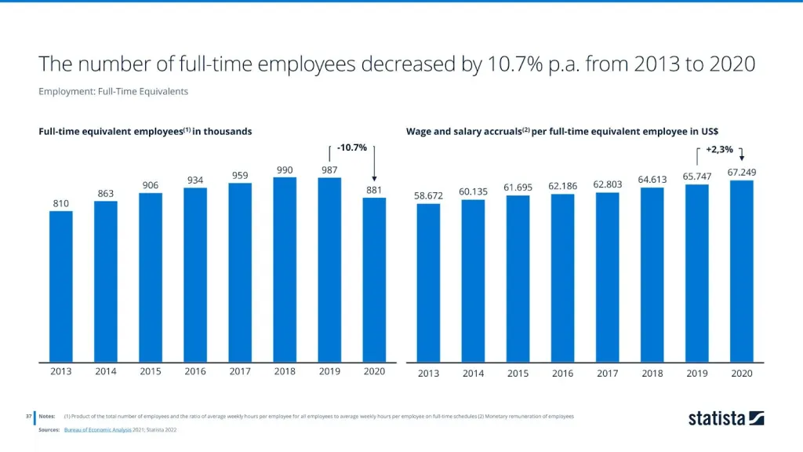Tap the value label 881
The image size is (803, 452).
374,189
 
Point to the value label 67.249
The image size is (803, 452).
742,172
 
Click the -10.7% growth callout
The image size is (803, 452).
351,148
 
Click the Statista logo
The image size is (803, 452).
726,417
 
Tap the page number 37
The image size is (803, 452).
28,416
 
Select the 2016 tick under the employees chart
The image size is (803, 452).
195,371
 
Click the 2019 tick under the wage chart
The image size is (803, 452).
697,373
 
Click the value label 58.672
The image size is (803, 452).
428,195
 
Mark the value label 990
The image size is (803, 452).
285,169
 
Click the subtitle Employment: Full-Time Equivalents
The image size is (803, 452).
113,91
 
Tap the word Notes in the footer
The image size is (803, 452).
47,416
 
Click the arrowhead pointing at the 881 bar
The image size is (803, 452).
374,178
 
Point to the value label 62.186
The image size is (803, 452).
562,185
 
